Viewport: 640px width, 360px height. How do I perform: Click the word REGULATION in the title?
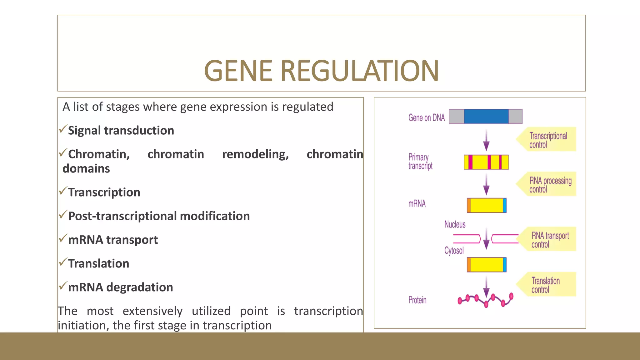tap(359, 71)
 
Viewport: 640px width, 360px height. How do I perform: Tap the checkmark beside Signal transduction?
tap(63, 128)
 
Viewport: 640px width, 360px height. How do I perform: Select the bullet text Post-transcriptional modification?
tap(159, 216)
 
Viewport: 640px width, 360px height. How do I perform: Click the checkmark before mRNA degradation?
tap(63, 285)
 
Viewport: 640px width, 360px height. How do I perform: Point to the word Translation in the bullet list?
tap(98, 264)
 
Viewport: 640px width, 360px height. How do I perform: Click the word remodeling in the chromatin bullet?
tap(255, 154)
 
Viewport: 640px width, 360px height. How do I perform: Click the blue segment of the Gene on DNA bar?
tap(486, 116)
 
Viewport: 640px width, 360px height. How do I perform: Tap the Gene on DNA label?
tap(426, 118)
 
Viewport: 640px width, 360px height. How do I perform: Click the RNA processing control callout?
tap(548, 184)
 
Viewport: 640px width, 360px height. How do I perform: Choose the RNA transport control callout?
tap(548, 240)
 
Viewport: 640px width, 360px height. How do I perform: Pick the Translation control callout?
tap(547, 285)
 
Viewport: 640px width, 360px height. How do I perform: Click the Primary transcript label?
tap(420, 161)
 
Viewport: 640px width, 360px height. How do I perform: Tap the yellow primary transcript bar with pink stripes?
tap(486, 162)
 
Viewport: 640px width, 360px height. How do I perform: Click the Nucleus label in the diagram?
tap(455, 224)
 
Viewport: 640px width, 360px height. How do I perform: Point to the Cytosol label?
tap(454, 251)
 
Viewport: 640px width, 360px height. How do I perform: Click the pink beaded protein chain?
tap(485, 300)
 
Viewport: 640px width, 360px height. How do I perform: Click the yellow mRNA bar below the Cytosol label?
tap(486, 265)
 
